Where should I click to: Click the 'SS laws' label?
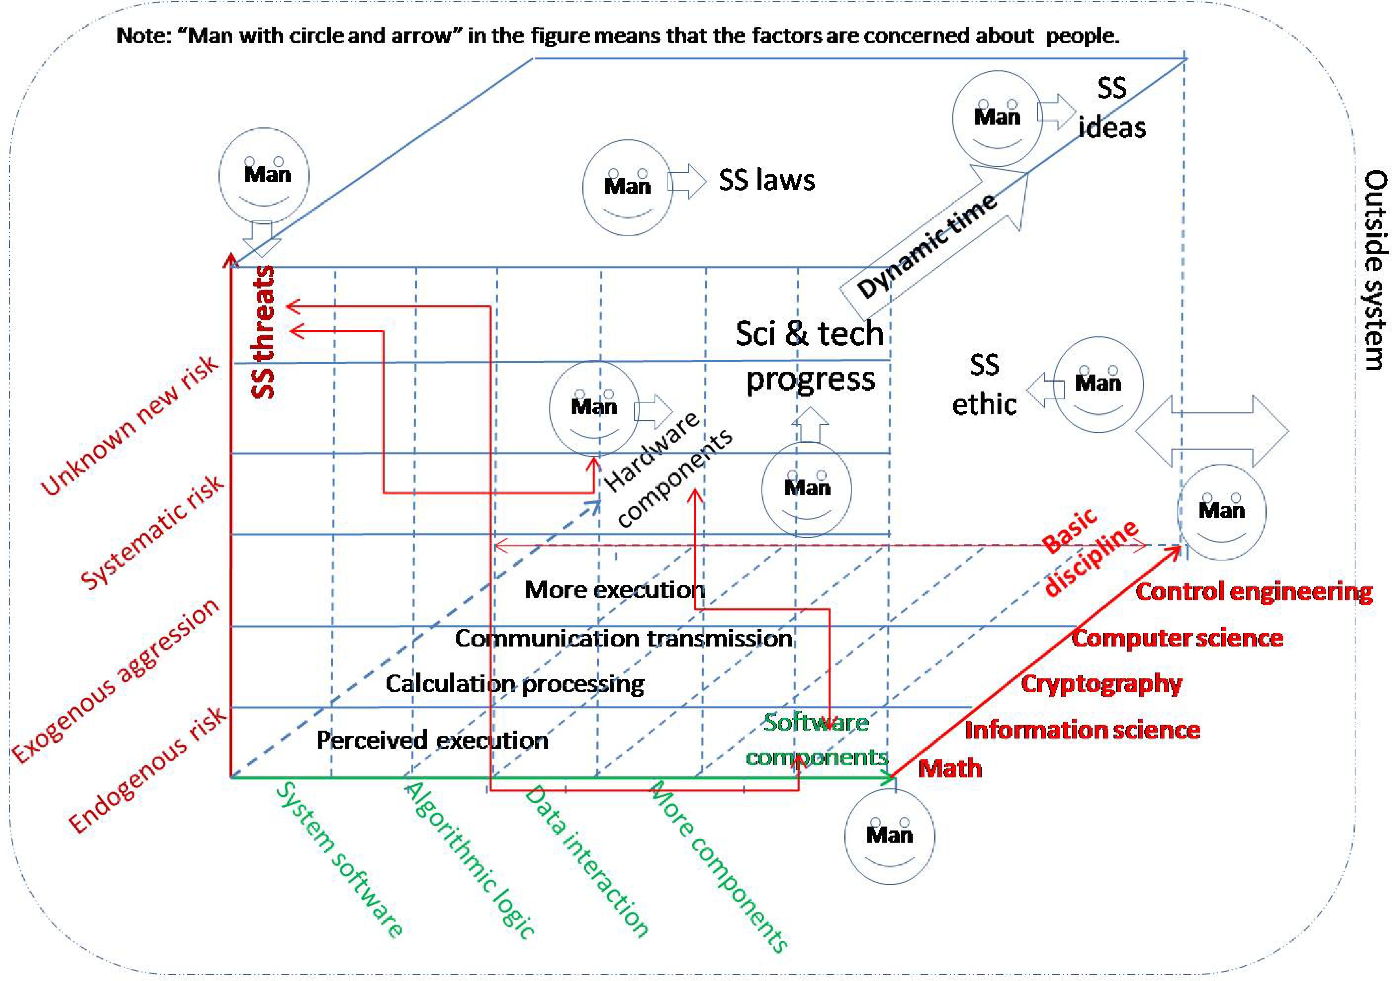pyautogui.click(x=767, y=180)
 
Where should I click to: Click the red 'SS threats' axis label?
pyautogui.click(x=264, y=332)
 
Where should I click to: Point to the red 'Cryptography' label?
pyautogui.click(x=1101, y=683)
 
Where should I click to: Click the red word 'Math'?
pyautogui.click(x=950, y=768)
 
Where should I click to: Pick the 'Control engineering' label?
pyautogui.click(x=1254, y=592)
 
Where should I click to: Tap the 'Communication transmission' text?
pyautogui.click(x=623, y=638)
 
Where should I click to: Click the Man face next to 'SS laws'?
pyautogui.click(x=627, y=188)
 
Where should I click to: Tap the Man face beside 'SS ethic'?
pyautogui.click(x=1098, y=384)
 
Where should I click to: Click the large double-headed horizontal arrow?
pyautogui.click(x=1211, y=431)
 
